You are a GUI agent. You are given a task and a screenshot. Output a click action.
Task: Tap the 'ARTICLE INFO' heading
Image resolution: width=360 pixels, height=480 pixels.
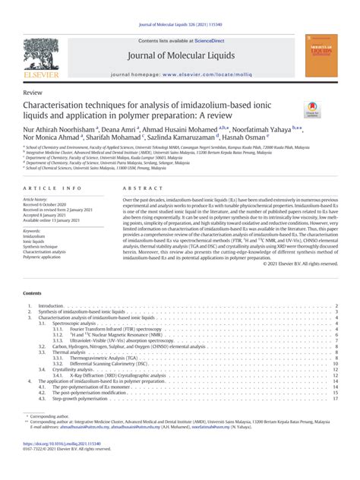tap(52, 186)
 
